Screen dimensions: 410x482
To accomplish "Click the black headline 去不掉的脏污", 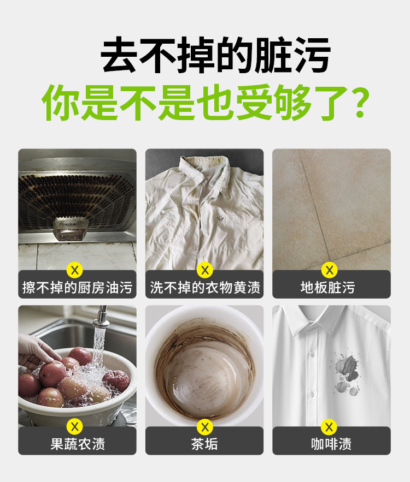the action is pyautogui.click(x=215, y=55).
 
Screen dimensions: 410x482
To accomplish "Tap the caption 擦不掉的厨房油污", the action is pyautogui.click(x=77, y=288).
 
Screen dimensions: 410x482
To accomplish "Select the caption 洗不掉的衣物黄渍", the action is pyautogui.click(x=205, y=288).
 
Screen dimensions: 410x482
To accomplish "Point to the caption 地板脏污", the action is pyautogui.click(x=328, y=288).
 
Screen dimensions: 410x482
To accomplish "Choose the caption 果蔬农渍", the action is pyautogui.click(x=78, y=444).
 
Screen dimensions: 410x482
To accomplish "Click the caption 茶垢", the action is pyautogui.click(x=204, y=444).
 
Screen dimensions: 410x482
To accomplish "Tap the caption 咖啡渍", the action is pyautogui.click(x=331, y=444).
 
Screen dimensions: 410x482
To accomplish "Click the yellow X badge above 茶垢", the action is pyautogui.click(x=205, y=427).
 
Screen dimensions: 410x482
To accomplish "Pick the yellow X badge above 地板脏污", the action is pyautogui.click(x=330, y=271).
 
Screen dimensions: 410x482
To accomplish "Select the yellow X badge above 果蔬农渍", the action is pyautogui.click(x=75, y=427).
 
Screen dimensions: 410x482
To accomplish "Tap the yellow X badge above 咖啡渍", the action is pyautogui.click(x=329, y=427).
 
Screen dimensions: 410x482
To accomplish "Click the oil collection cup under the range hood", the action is pyautogui.click(x=71, y=228).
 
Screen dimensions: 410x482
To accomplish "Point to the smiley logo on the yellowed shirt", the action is pyautogui.click(x=220, y=218).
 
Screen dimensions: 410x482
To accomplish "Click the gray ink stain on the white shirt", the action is pyautogui.click(x=346, y=373).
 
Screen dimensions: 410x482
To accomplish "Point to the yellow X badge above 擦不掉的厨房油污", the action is pyautogui.click(x=75, y=271).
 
